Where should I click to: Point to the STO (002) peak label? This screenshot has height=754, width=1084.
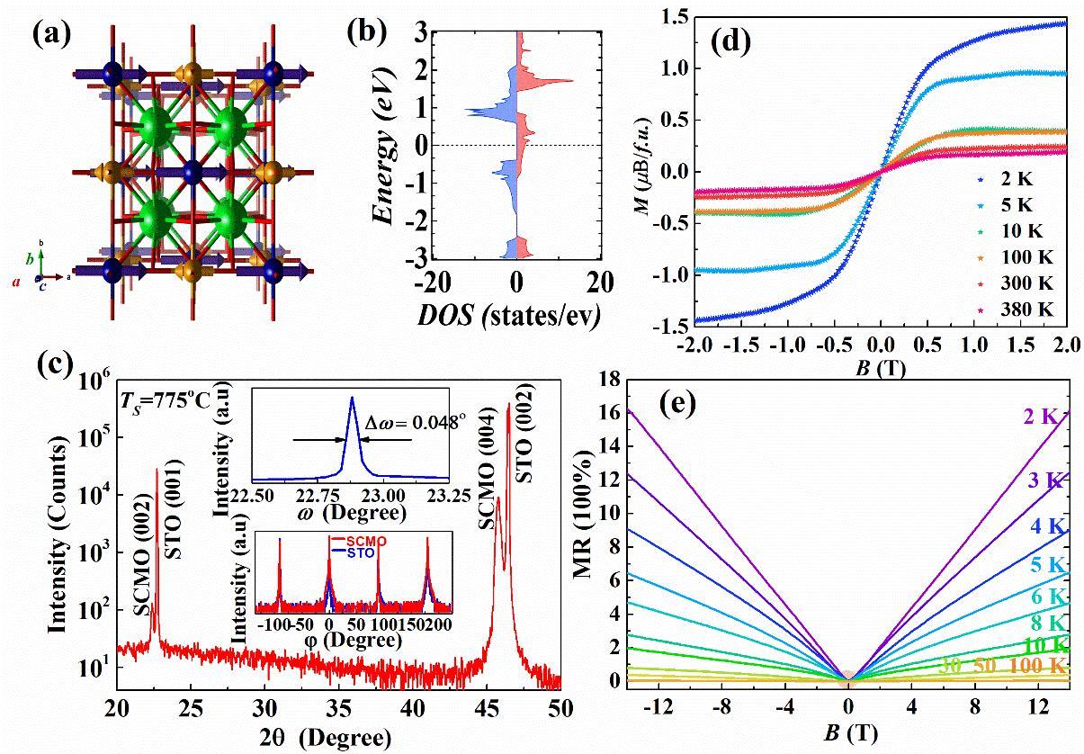tap(528, 420)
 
